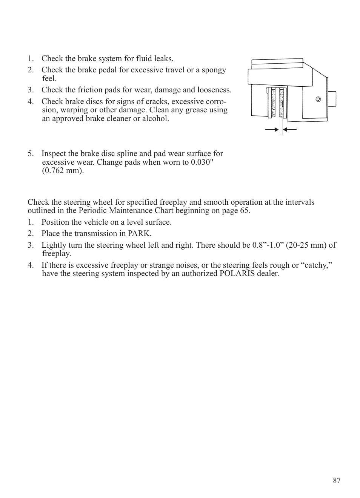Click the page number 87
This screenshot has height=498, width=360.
[337, 480]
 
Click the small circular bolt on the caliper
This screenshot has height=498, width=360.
[318, 100]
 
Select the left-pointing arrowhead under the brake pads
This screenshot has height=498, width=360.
[285, 130]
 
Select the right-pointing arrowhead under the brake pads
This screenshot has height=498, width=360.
[276, 130]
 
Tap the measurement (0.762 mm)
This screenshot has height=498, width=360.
[63, 170]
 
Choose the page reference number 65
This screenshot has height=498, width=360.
[245, 210]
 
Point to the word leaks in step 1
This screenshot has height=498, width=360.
[163, 58]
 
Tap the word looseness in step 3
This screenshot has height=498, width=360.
[214, 90]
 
